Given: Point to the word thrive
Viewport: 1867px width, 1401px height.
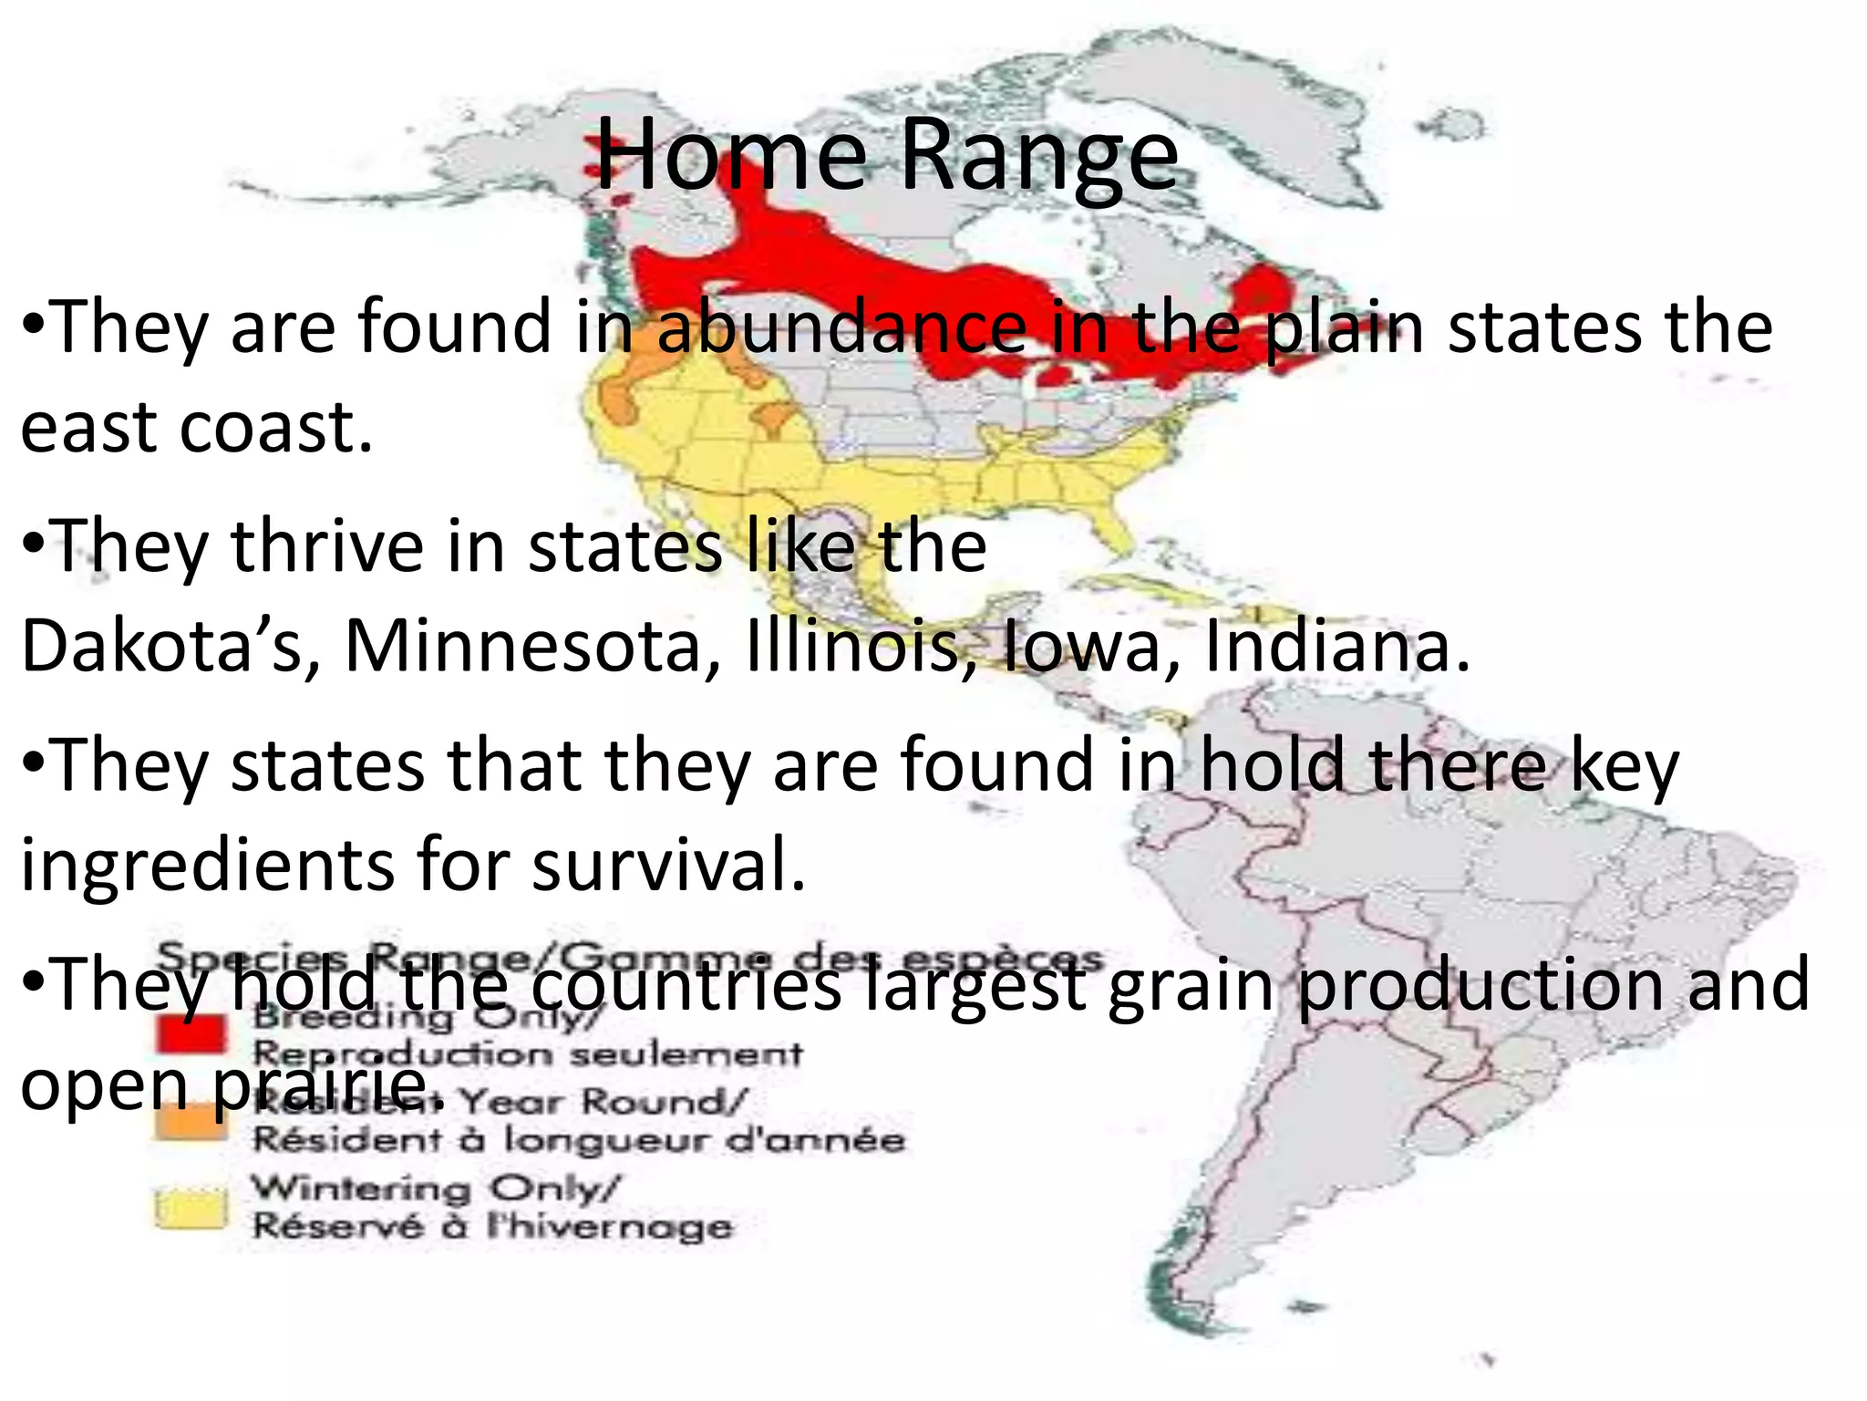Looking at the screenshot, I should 328,546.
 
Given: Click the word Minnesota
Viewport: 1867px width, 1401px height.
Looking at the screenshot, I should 533,646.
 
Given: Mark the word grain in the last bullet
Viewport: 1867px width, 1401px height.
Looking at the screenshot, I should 1190,985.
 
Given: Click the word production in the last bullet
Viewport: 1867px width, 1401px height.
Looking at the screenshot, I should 1480,985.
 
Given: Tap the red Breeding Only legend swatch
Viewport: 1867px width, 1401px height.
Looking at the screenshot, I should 190,1033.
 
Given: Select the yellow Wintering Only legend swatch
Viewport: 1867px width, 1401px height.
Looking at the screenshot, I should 190,1209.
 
